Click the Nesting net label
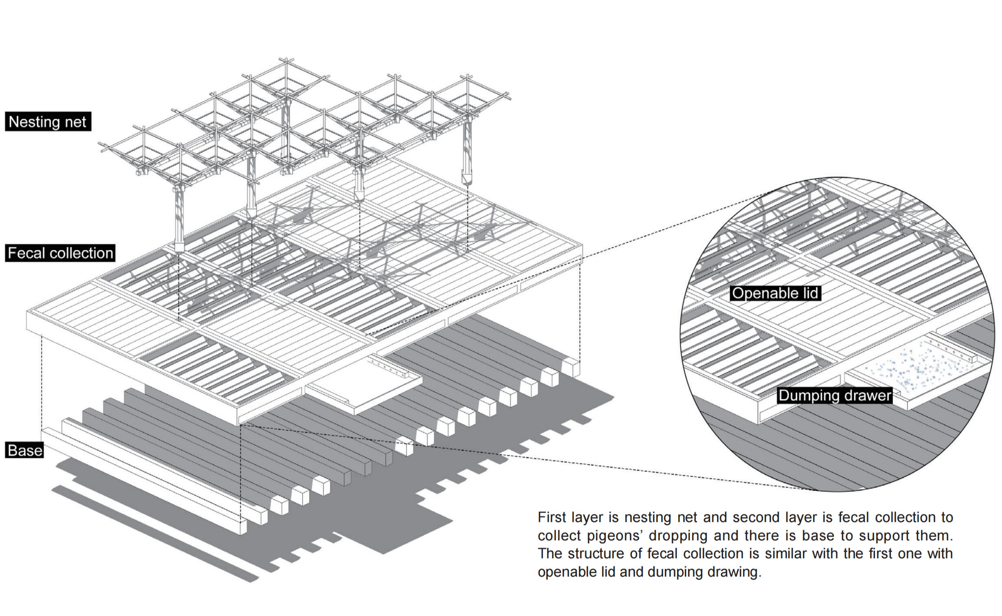point(48,122)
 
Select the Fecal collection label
point(60,253)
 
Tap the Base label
point(24,450)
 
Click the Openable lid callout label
point(775,293)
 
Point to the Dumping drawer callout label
point(835,395)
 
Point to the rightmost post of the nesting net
point(467,151)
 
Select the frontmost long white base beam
point(143,481)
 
